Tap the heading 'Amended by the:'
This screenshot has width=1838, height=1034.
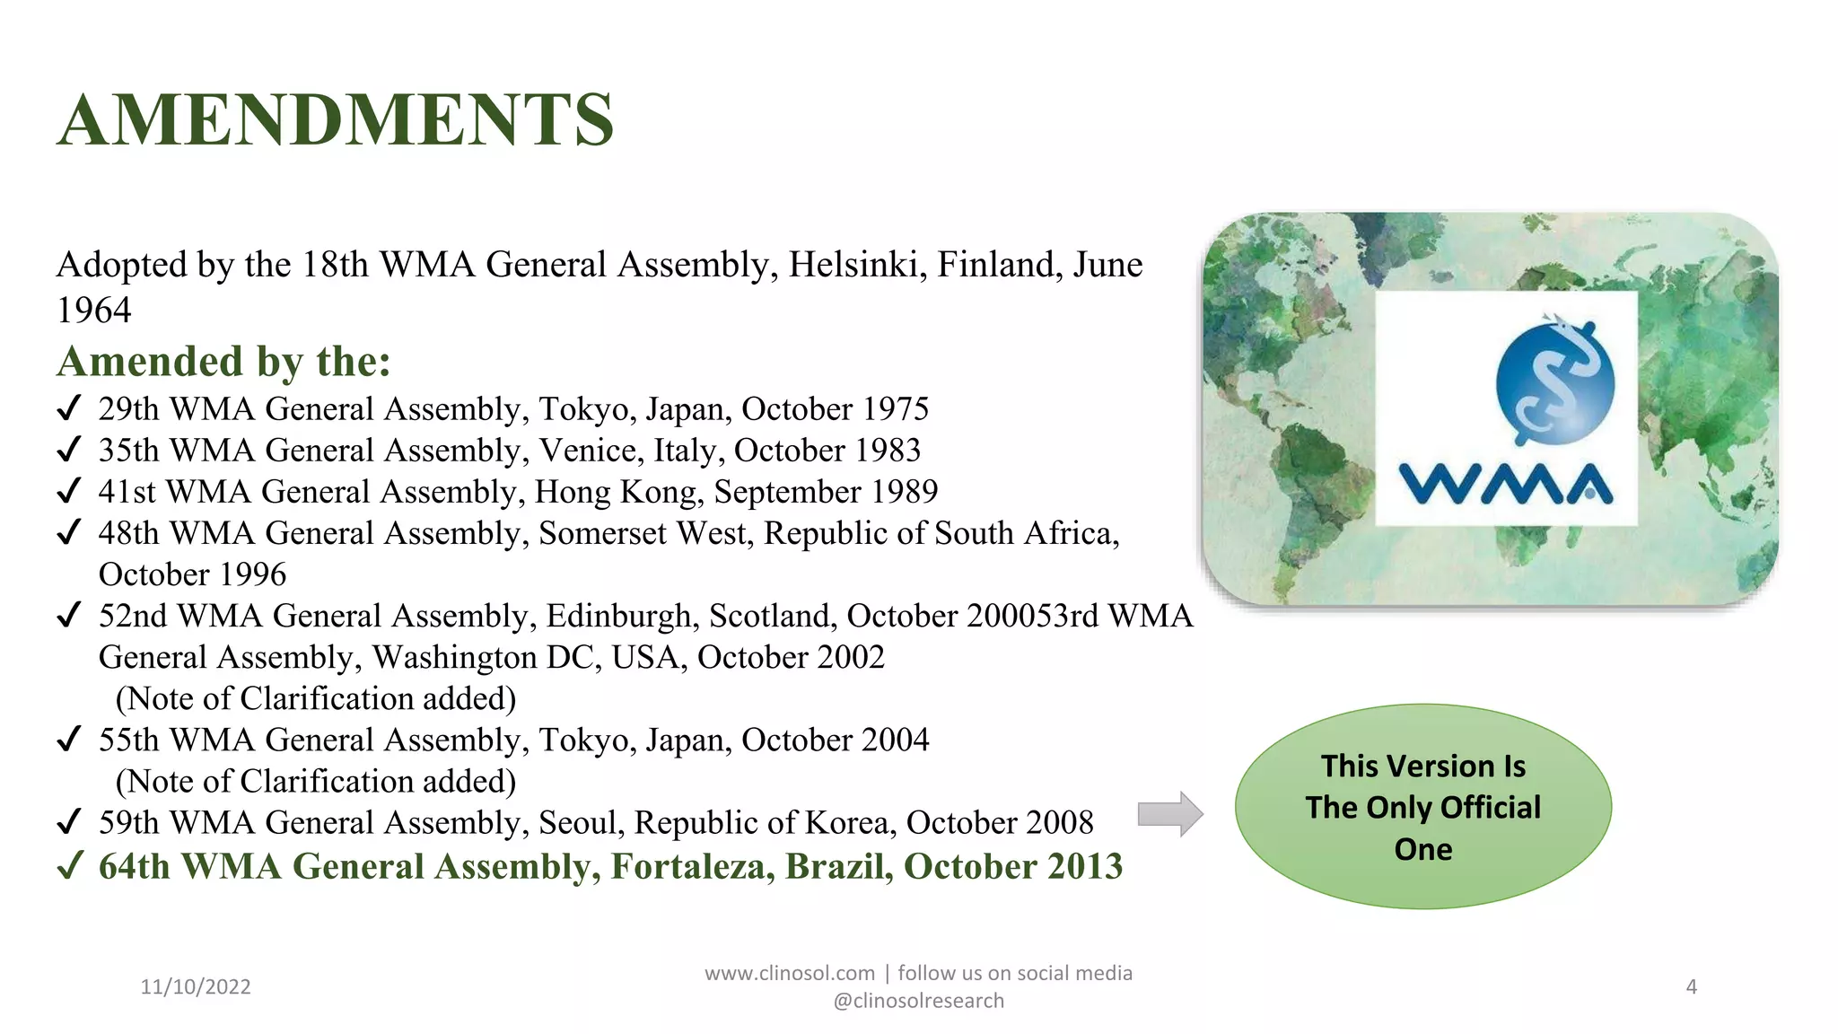tap(223, 361)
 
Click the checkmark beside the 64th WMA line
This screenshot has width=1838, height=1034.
tap(70, 866)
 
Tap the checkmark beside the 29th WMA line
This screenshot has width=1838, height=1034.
tap(69, 409)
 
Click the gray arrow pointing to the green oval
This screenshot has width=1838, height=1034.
tap(1169, 814)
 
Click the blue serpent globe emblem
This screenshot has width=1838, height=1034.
tap(1554, 381)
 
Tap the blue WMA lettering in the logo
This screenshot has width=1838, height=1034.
tap(1506, 484)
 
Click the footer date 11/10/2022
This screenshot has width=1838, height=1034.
tap(196, 986)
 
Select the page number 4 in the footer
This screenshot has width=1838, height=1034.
tap(1691, 986)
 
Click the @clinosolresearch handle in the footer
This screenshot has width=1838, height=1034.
tap(918, 1001)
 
